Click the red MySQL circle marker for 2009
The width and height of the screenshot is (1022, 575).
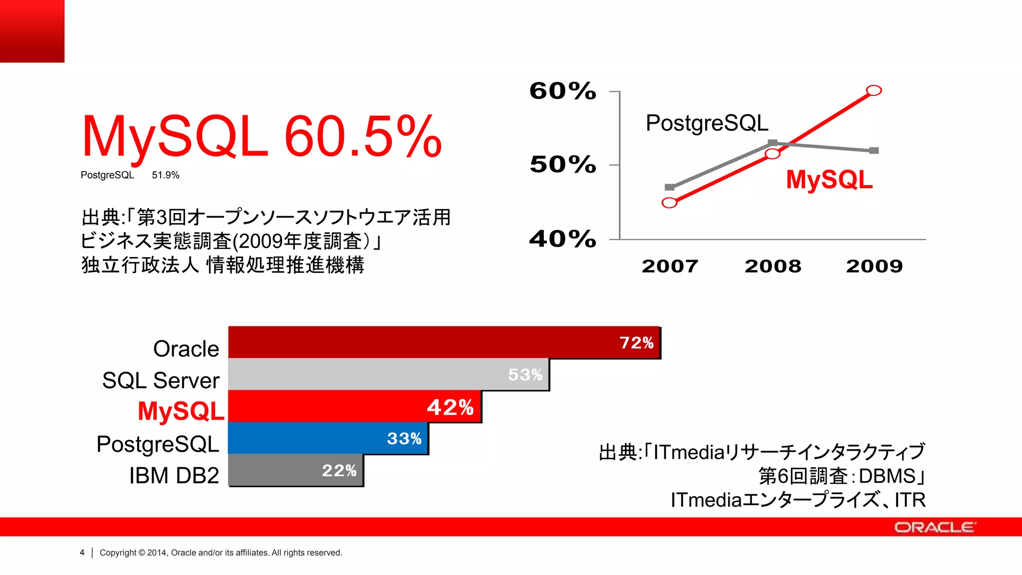(874, 90)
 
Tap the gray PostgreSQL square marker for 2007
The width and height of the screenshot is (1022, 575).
(670, 187)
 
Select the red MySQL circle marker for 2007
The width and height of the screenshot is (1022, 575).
(670, 203)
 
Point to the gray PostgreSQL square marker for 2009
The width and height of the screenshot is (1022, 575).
(874, 150)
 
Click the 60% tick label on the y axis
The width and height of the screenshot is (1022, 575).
(562, 91)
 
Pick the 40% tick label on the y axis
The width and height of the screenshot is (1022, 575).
(562, 239)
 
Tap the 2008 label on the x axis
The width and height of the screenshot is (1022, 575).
(772, 266)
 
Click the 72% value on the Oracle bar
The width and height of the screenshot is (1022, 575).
(636, 343)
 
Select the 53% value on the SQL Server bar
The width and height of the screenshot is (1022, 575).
(525, 374)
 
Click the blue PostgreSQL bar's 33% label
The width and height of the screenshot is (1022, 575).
(404, 439)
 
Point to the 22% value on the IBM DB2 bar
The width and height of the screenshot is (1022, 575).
(339, 471)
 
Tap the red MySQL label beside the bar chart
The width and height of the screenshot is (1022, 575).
(181, 411)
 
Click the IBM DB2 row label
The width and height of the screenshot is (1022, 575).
(174, 475)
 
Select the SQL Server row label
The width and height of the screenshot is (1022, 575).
(161, 380)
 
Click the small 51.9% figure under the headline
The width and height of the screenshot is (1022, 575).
(165, 175)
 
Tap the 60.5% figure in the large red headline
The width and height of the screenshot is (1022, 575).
(363, 136)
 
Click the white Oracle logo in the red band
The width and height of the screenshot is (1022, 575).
(934, 528)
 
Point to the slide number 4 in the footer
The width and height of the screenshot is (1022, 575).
(82, 553)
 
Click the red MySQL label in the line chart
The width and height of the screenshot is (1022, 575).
(829, 180)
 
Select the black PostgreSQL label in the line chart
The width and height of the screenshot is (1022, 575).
(707, 123)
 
